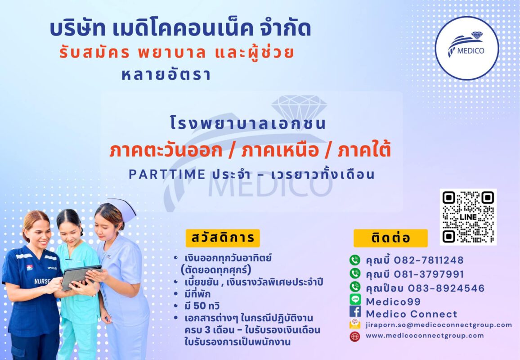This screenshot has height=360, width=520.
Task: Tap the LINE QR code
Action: pos(468,217)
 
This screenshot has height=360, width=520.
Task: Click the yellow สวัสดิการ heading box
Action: pos(223,238)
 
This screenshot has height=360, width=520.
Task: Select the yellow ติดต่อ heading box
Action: pos(390,238)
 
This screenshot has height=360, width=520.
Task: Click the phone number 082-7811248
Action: pos(428,261)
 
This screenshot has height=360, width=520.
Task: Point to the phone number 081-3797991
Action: pos(429,274)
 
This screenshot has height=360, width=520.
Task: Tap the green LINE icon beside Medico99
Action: pos(355,299)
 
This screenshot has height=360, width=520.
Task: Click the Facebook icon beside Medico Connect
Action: pos(355,311)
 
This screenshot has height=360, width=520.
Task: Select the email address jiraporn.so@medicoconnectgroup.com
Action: pos(439,325)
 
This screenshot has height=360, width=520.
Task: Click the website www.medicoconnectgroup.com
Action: pos(425,335)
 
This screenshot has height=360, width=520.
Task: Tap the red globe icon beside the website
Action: pos(355,337)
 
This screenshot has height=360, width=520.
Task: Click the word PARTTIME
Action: pos(167,174)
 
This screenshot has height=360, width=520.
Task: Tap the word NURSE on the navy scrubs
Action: pos(42,281)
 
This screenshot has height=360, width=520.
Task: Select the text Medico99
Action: pos(393,301)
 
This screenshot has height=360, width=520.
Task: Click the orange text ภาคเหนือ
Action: pos(279,150)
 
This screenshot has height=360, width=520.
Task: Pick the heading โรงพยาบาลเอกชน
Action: pos(248,123)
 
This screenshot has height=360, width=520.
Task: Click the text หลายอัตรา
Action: pos(166,74)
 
